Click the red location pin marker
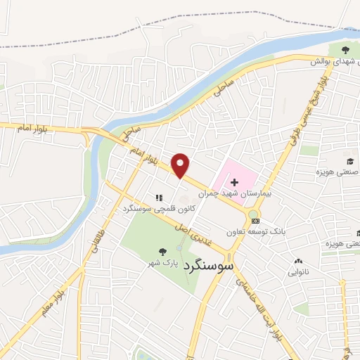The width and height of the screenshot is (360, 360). (181, 165)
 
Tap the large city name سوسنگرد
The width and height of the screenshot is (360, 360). (207, 268)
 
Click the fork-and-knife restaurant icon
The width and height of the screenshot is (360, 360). (159, 198)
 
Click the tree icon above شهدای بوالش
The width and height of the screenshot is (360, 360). (345, 49)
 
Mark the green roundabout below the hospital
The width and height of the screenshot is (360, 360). (253, 214)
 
